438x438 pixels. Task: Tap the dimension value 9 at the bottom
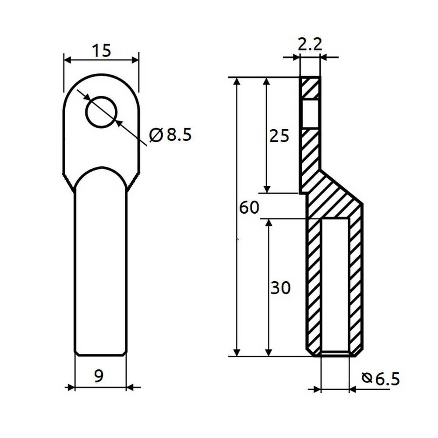click(99, 376)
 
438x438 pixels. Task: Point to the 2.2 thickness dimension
click(310, 44)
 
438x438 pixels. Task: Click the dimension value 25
click(279, 136)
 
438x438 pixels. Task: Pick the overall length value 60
click(249, 208)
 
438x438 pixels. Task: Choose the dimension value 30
click(280, 288)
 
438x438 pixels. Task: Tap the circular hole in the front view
click(101, 112)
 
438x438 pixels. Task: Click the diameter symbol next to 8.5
click(156, 135)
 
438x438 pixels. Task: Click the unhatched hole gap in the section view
click(310, 114)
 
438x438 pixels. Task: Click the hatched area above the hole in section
click(310, 88)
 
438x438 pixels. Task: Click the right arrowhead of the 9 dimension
click(131, 387)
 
